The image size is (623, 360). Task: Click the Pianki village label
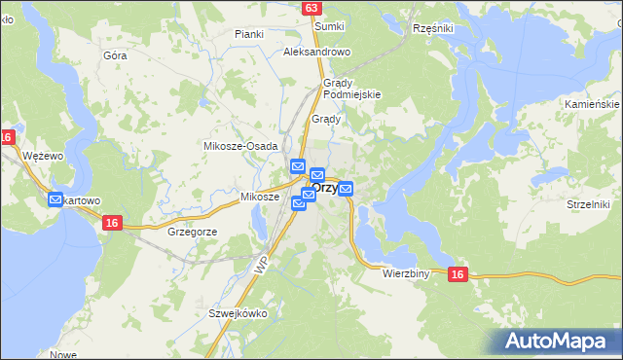tap(250, 34)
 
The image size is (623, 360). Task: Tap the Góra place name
tap(115, 55)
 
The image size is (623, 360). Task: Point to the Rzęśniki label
tap(433, 29)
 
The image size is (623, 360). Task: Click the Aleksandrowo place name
tap(316, 52)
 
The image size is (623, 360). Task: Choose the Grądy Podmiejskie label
tap(351, 89)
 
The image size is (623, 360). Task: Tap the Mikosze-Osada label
tap(240, 145)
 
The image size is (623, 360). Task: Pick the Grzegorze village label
tap(192, 233)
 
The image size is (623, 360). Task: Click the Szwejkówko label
tap(238, 314)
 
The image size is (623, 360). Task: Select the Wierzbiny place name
tap(407, 274)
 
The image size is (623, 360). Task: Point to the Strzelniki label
tap(587, 204)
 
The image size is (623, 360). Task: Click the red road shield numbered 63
tap(311, 8)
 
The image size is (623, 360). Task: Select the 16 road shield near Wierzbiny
tap(458, 276)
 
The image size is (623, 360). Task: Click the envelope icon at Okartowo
tap(55, 201)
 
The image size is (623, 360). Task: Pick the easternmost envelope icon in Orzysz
tap(345, 188)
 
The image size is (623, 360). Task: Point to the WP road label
tap(260, 265)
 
